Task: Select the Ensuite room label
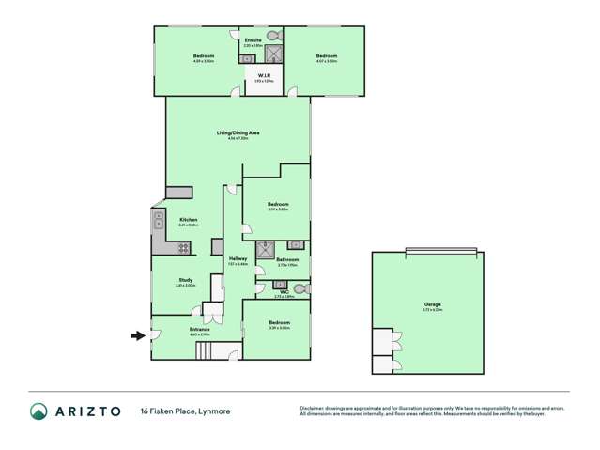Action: pyautogui.click(x=253, y=40)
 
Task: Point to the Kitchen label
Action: pyautogui.click(x=188, y=220)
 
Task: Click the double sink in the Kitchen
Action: pyautogui.click(x=158, y=223)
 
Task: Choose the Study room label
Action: pyautogui.click(x=186, y=280)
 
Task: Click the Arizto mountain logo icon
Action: pyautogui.click(x=38, y=411)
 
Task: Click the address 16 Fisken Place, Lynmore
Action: pyautogui.click(x=185, y=411)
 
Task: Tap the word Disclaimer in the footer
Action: pyautogui.click(x=314, y=407)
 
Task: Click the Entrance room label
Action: pyautogui.click(x=199, y=330)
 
